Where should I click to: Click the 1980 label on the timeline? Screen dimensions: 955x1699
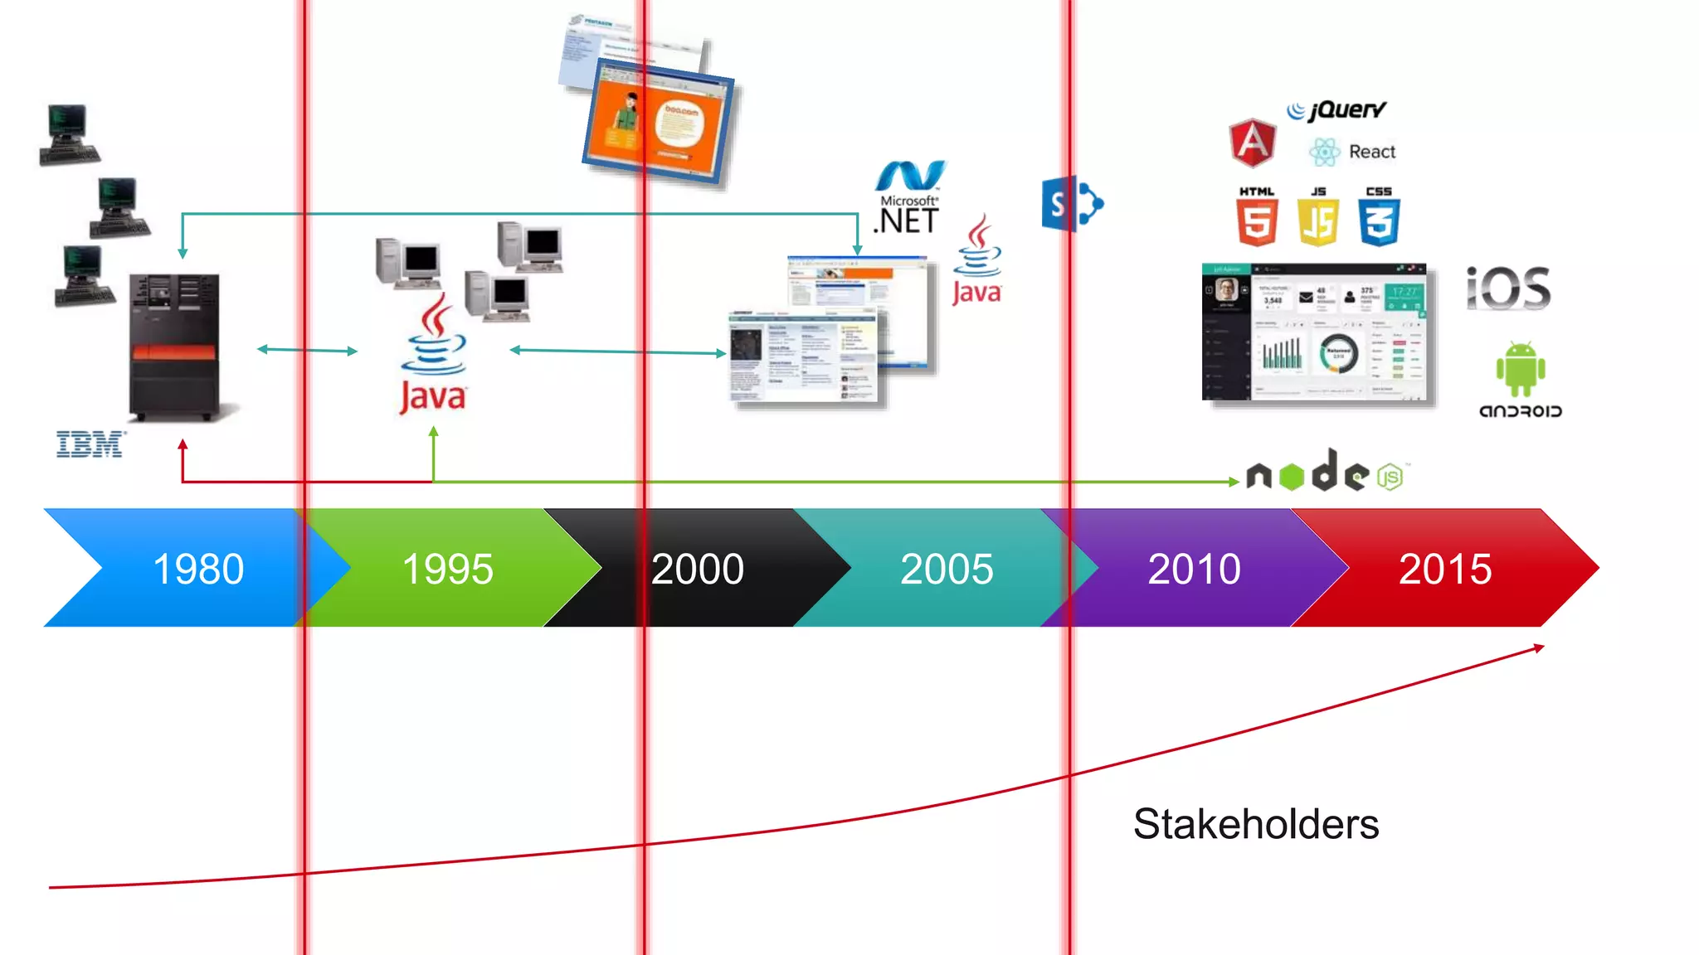pos(198,570)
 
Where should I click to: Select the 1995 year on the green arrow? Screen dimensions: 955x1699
pos(447,570)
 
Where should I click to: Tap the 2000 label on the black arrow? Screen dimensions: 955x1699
pos(697,570)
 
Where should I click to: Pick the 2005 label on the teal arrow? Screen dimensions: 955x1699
pos(947,570)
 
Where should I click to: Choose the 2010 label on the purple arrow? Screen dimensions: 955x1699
pos(1194,570)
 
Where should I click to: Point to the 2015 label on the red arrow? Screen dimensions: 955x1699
pos(1445,570)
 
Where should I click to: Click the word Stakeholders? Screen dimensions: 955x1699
pos(1256,824)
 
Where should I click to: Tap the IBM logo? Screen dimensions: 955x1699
pos(90,444)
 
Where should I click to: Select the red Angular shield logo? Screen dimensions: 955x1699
pos(1252,143)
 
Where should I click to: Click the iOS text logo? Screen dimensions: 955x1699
pos(1508,288)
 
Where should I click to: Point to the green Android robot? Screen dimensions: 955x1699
pos(1521,370)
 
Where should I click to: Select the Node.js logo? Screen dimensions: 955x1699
pos(1327,473)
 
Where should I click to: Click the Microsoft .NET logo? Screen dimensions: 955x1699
pos(909,199)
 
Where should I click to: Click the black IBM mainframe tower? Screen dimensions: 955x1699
pos(175,347)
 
